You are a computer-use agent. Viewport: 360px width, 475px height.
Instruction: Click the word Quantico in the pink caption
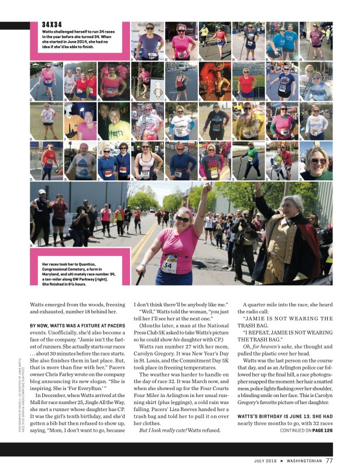click(x=97, y=265)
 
